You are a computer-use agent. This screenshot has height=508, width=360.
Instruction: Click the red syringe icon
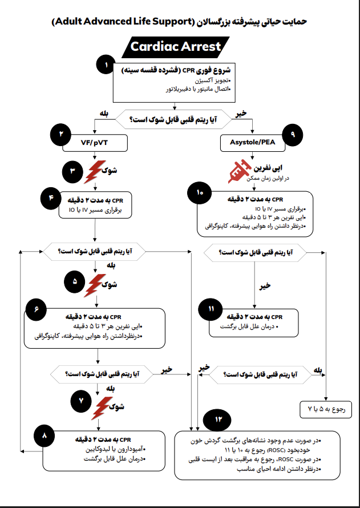[x=237, y=170]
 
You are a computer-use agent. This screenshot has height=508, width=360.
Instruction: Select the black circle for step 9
[x=293, y=134]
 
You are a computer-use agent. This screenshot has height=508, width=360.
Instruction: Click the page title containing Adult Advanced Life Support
[x=179, y=21]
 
